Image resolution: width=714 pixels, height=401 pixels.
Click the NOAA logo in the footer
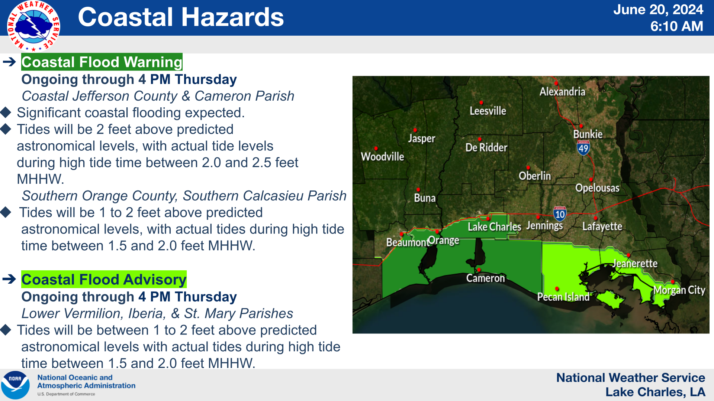[x=15, y=385]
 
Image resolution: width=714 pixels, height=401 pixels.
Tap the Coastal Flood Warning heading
[x=102, y=62]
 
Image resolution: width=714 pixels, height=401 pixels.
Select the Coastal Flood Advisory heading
[x=104, y=279]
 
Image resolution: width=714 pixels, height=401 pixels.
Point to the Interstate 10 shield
[x=560, y=213]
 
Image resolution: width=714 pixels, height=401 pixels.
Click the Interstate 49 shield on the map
[x=583, y=148]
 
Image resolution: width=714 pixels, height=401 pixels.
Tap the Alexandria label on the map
[x=562, y=91]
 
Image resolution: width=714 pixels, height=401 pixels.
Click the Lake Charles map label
[x=494, y=226]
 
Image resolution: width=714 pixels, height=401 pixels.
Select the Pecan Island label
[x=563, y=297]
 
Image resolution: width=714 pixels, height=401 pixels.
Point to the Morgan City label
[x=679, y=290]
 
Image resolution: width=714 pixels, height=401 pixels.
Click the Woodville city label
[x=382, y=156]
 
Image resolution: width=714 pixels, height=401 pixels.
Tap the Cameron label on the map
[x=486, y=278]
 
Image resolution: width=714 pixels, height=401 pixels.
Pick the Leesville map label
[x=488, y=111]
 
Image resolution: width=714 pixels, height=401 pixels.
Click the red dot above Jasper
[x=415, y=130]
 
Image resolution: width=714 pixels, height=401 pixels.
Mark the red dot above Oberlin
[x=528, y=168]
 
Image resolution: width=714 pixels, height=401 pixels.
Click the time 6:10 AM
[x=676, y=26]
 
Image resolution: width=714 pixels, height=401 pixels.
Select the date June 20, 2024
[x=658, y=9]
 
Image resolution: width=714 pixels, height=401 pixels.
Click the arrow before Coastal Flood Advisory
[x=9, y=279]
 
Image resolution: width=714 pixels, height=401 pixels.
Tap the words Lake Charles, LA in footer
[x=655, y=392]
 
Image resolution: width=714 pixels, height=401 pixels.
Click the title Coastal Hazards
[x=181, y=17]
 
